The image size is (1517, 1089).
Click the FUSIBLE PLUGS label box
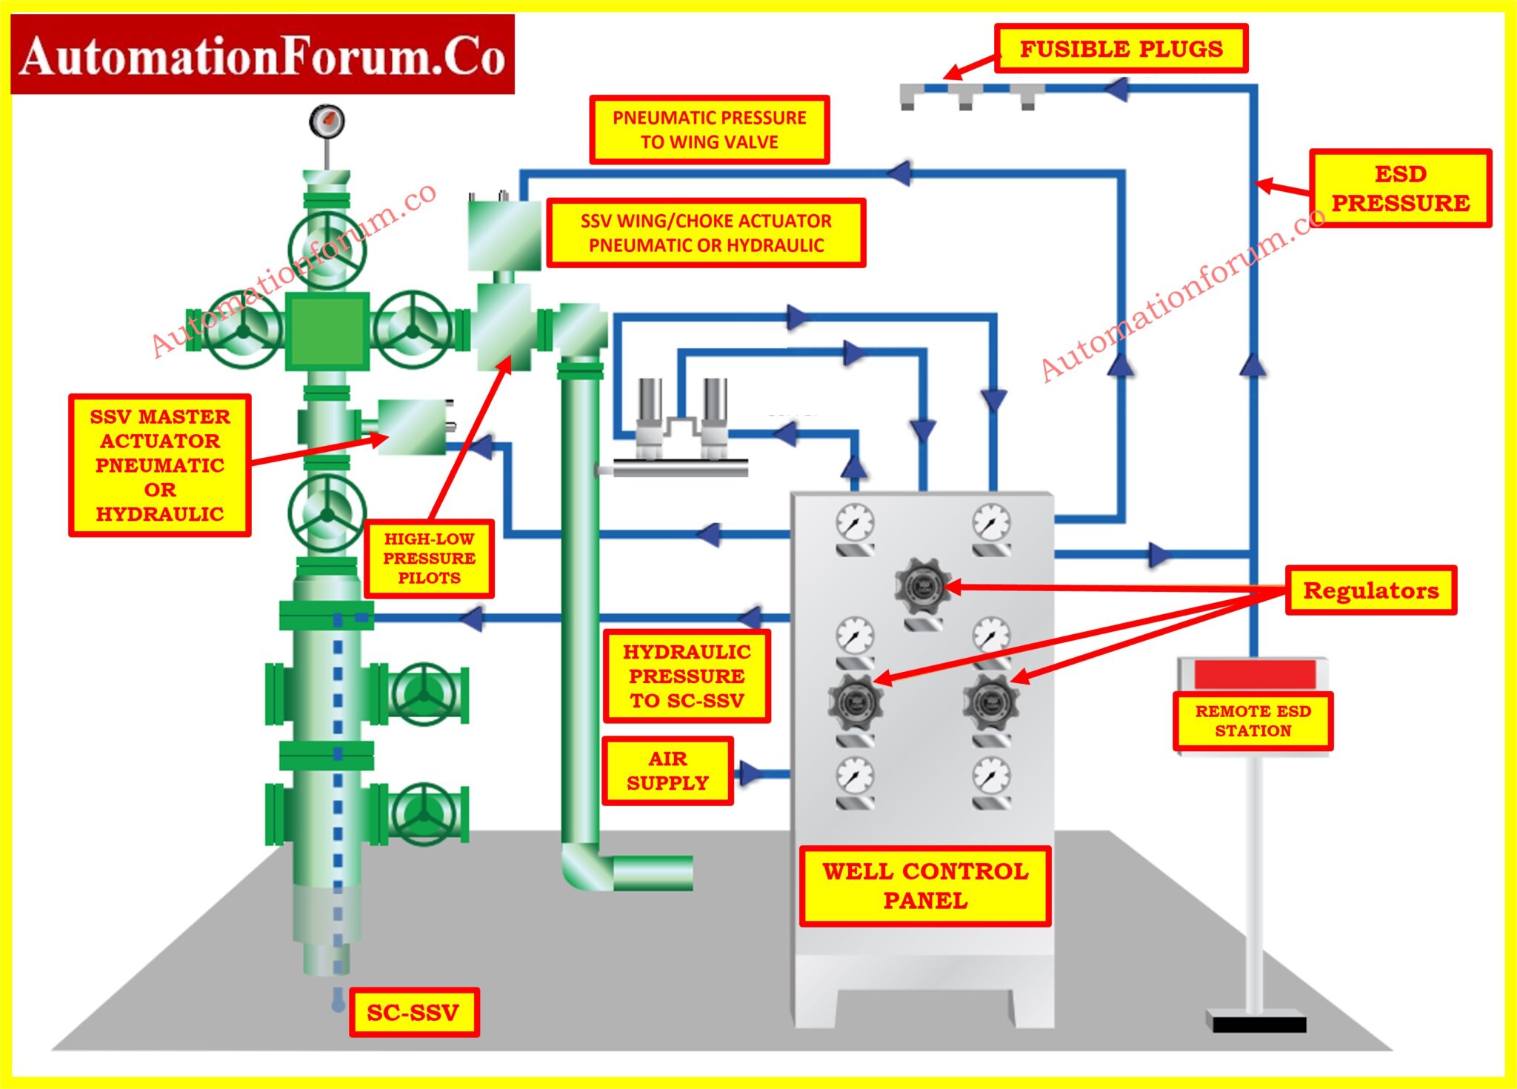coord(1121,49)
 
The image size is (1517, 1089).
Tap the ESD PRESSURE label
coord(1400,188)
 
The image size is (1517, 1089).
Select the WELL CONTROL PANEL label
coord(925,886)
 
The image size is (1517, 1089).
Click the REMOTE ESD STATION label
coord(1253,721)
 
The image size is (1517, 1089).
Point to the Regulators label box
coord(1370,590)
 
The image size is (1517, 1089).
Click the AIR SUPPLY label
coord(667,771)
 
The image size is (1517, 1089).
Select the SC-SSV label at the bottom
coord(413,1012)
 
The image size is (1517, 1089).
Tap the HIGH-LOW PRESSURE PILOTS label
coord(429,559)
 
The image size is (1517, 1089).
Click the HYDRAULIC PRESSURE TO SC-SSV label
coord(687,676)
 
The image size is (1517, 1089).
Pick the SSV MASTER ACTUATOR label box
coord(160,465)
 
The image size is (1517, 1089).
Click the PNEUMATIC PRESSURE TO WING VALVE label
coord(709,130)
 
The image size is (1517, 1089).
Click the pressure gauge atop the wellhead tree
coord(327,121)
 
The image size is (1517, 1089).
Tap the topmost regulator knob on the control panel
coord(922,587)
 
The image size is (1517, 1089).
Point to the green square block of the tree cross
coord(327,331)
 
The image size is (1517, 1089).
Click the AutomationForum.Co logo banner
coord(263,55)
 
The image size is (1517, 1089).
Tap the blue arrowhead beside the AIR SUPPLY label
coord(750,773)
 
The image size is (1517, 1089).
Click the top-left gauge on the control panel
coord(855,523)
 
